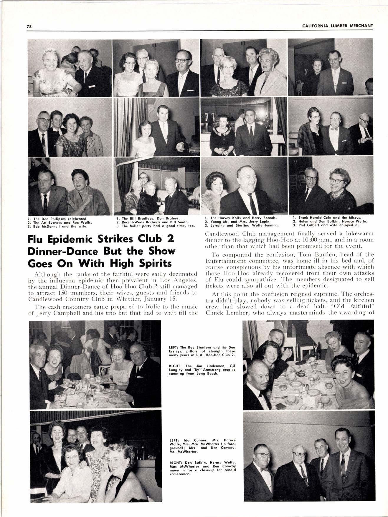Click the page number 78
pos(29,26)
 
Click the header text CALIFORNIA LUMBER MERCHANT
pos(337,26)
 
